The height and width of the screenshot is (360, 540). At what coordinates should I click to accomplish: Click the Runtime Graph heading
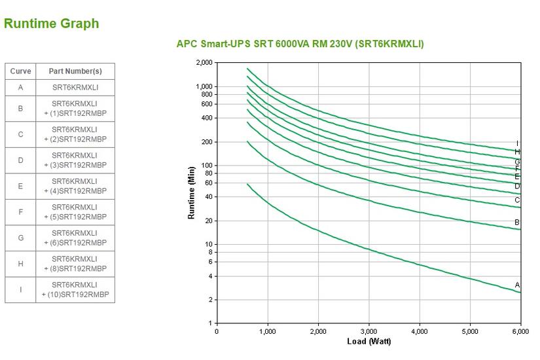52,24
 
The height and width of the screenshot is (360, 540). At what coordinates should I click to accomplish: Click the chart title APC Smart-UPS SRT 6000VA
300,45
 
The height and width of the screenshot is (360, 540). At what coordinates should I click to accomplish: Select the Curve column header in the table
20,71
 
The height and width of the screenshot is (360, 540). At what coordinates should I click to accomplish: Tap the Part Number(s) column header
75,71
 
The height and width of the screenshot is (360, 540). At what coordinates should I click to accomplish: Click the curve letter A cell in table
20,88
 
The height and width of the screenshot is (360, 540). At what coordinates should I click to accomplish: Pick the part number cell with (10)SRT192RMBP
75,290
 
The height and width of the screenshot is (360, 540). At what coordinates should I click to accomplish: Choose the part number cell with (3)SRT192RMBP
75,160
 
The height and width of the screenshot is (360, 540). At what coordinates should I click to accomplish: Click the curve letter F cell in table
20,212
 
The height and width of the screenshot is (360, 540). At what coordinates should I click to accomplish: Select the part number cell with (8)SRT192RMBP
75,264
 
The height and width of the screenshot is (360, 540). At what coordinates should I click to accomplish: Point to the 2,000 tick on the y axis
204,63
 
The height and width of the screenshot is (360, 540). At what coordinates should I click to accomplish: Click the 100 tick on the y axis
206,166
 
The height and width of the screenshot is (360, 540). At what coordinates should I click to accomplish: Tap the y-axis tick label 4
210,276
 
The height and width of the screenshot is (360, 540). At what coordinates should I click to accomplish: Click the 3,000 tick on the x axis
369,332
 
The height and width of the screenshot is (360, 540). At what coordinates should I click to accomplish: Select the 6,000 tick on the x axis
520,332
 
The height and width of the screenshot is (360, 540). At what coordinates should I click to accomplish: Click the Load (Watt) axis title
369,342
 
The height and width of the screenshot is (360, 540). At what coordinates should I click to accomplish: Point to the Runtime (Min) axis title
192,193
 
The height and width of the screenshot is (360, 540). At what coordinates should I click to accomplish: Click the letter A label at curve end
517,285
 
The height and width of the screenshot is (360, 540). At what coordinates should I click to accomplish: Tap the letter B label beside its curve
517,223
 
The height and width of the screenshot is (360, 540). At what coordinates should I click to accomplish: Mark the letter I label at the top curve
517,144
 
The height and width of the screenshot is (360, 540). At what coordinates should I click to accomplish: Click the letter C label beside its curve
517,200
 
